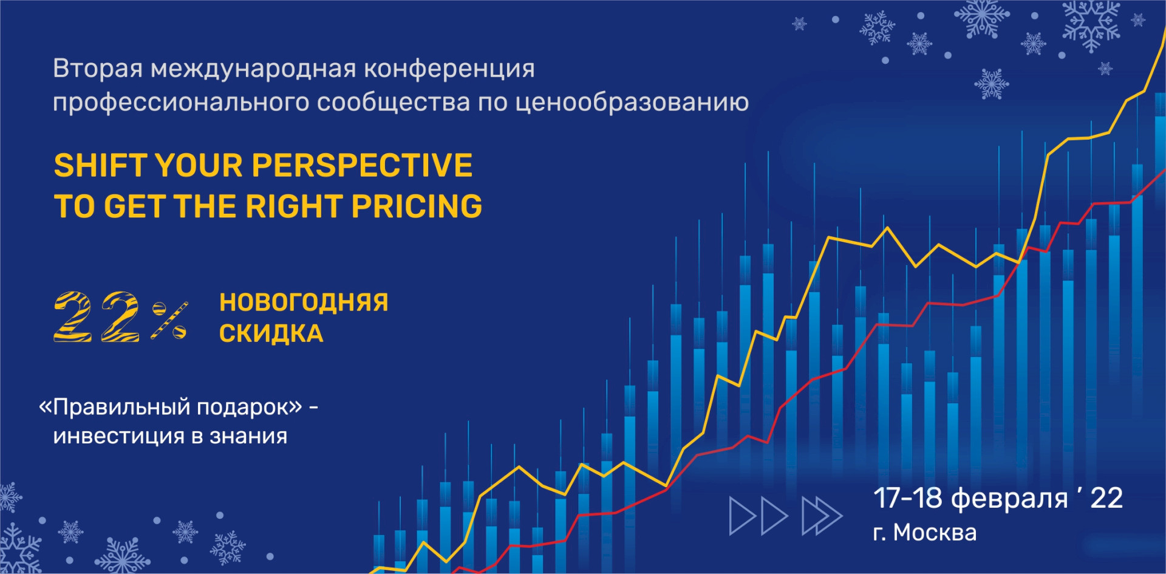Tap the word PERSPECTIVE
coord(362,165)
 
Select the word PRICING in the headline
coord(417,207)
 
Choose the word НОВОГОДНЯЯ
coord(304,302)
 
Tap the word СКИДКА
coord(271,334)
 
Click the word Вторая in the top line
coord(98,69)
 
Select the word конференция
coord(449,69)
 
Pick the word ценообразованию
coord(632,103)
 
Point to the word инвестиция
coord(120,437)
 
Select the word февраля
coord(1009,499)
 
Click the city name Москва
coord(935,533)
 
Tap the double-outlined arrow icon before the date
coord(822,516)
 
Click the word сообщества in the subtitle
coord(394,103)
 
